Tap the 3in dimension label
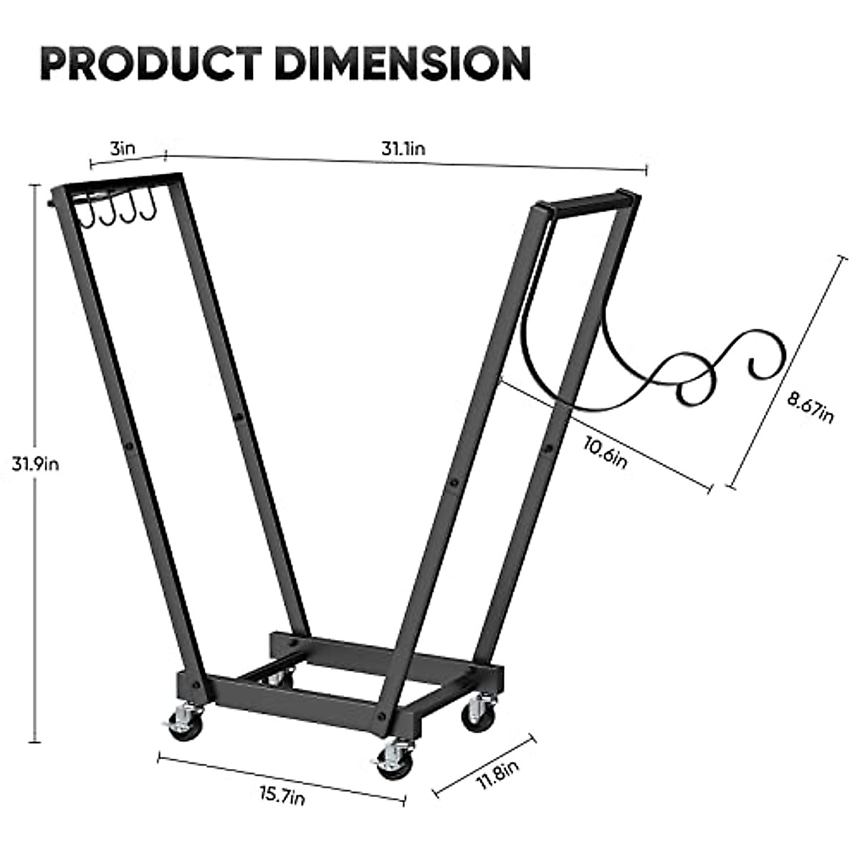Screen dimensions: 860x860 [122, 149]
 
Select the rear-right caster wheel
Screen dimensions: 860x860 [477, 713]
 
